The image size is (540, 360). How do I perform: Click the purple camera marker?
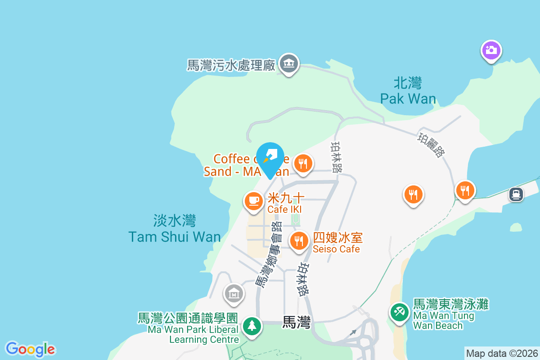tap(491, 49)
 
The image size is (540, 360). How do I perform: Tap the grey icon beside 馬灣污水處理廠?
tap(288, 64)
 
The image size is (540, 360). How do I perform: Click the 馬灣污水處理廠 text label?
tap(231, 66)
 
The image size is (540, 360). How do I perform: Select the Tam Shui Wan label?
tap(175, 229)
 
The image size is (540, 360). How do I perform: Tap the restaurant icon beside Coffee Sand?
tap(303, 163)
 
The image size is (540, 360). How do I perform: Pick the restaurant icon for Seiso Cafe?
tap(298, 241)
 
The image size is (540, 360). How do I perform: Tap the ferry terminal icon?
tap(516, 194)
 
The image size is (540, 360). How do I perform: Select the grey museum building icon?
tap(234, 294)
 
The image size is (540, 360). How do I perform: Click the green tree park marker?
tap(252, 326)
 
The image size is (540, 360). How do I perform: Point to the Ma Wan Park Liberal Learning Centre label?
tap(188, 328)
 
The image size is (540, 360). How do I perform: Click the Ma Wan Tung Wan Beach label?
tap(450, 315)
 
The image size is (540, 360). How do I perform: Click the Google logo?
tap(30, 349)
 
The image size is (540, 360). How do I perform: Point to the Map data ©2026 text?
tap(501, 353)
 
